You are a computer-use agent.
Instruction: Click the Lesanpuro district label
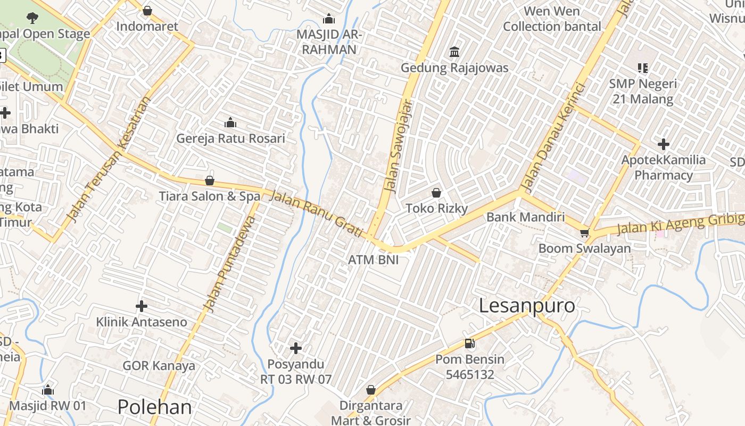pyautogui.click(x=527, y=306)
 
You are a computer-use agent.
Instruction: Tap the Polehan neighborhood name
pyautogui.click(x=154, y=407)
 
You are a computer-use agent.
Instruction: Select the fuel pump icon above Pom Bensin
pyautogui.click(x=469, y=343)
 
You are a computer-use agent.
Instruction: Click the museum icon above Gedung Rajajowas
pyautogui.click(x=454, y=52)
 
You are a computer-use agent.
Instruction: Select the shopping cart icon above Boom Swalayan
pyautogui.click(x=584, y=233)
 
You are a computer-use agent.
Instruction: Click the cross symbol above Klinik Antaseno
pyautogui.click(x=142, y=306)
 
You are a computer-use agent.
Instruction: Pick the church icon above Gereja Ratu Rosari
pyautogui.click(x=230, y=123)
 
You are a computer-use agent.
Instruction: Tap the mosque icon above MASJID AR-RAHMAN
pyautogui.click(x=329, y=19)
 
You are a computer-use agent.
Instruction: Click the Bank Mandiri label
pyautogui.click(x=525, y=217)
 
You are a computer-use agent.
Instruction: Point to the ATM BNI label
pyautogui.click(x=373, y=260)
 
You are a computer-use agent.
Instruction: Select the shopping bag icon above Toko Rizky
pyautogui.click(x=436, y=193)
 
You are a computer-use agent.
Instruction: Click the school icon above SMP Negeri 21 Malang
pyautogui.click(x=643, y=68)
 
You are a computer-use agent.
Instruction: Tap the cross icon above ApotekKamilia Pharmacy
pyautogui.click(x=663, y=144)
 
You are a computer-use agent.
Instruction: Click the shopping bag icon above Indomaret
pyautogui.click(x=147, y=11)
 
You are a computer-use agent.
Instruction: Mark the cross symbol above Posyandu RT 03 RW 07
pyautogui.click(x=296, y=349)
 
